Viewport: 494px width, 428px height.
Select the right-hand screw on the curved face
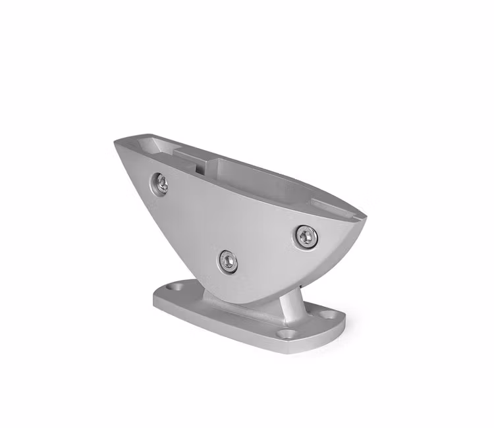[305, 234]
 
